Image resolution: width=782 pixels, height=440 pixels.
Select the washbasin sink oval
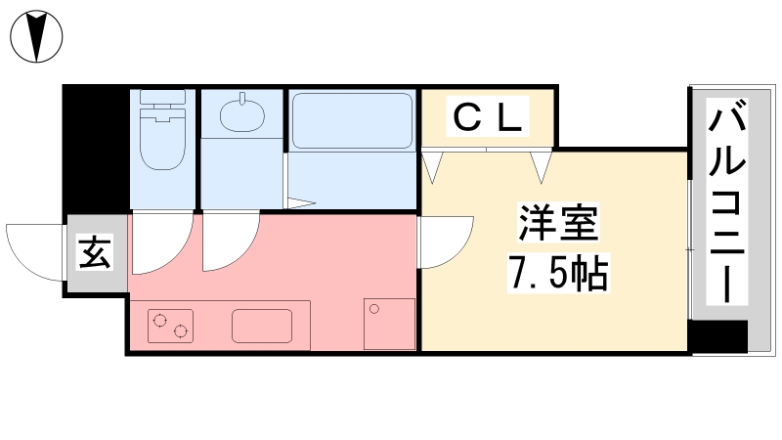[241, 118]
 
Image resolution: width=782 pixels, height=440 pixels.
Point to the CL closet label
[488, 118]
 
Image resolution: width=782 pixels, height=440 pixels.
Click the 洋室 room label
[556, 226]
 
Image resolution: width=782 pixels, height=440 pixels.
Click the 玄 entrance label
[96, 254]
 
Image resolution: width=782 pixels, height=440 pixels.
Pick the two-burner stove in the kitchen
[171, 326]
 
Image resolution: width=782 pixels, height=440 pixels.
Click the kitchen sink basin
[263, 326]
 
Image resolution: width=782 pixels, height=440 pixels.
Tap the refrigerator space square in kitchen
[389, 324]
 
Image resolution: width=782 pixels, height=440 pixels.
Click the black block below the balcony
[717, 337]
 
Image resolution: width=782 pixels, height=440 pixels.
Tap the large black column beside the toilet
[97, 147]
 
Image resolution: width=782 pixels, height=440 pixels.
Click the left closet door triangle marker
[433, 164]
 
